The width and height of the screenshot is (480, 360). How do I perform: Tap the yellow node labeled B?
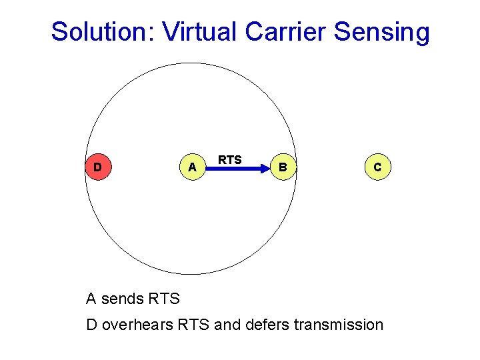[283, 167]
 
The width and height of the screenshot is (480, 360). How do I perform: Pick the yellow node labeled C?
[377, 167]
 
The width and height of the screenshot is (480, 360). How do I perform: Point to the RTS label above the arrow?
[230, 160]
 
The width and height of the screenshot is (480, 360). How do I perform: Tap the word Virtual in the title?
[199, 31]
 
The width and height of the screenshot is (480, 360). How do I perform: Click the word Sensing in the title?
[386, 33]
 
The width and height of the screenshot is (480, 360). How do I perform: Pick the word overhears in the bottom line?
[137, 325]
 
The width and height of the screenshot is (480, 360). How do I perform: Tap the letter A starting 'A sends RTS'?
[91, 299]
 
